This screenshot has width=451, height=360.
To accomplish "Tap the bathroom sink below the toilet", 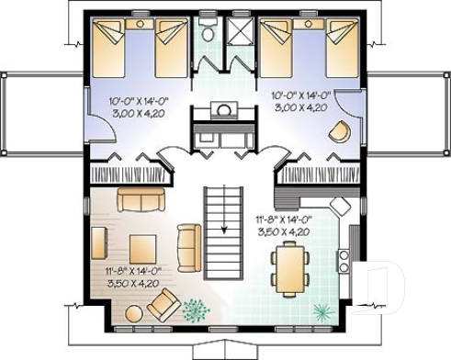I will pos(223,110).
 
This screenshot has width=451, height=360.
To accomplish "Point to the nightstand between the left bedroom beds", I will pos(141,25).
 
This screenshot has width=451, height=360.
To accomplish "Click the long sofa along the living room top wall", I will pos(138,200).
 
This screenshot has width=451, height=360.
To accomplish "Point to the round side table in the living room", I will pos(133,314).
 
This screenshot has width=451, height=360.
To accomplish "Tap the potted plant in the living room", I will pos(196,311).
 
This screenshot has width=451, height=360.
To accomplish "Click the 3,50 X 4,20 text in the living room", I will pos(130,283).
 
